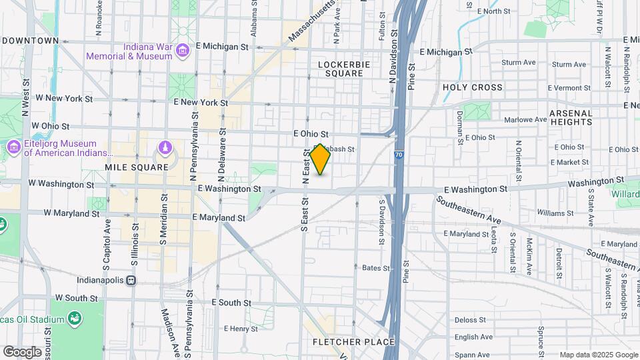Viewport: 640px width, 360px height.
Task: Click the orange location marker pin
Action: (x=320, y=159)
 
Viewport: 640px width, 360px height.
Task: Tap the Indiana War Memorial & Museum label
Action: (x=129, y=52)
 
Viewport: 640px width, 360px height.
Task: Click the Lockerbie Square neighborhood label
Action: (x=340, y=69)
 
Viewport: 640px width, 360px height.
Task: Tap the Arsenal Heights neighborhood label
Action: (x=571, y=118)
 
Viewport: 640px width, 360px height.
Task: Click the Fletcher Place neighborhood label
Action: (x=354, y=342)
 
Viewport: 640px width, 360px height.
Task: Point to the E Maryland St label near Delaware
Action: (x=219, y=217)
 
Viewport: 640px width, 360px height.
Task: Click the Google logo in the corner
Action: (x=22, y=351)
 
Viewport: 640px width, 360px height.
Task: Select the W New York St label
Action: (x=64, y=98)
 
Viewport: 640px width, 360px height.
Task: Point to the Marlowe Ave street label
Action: (x=526, y=120)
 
